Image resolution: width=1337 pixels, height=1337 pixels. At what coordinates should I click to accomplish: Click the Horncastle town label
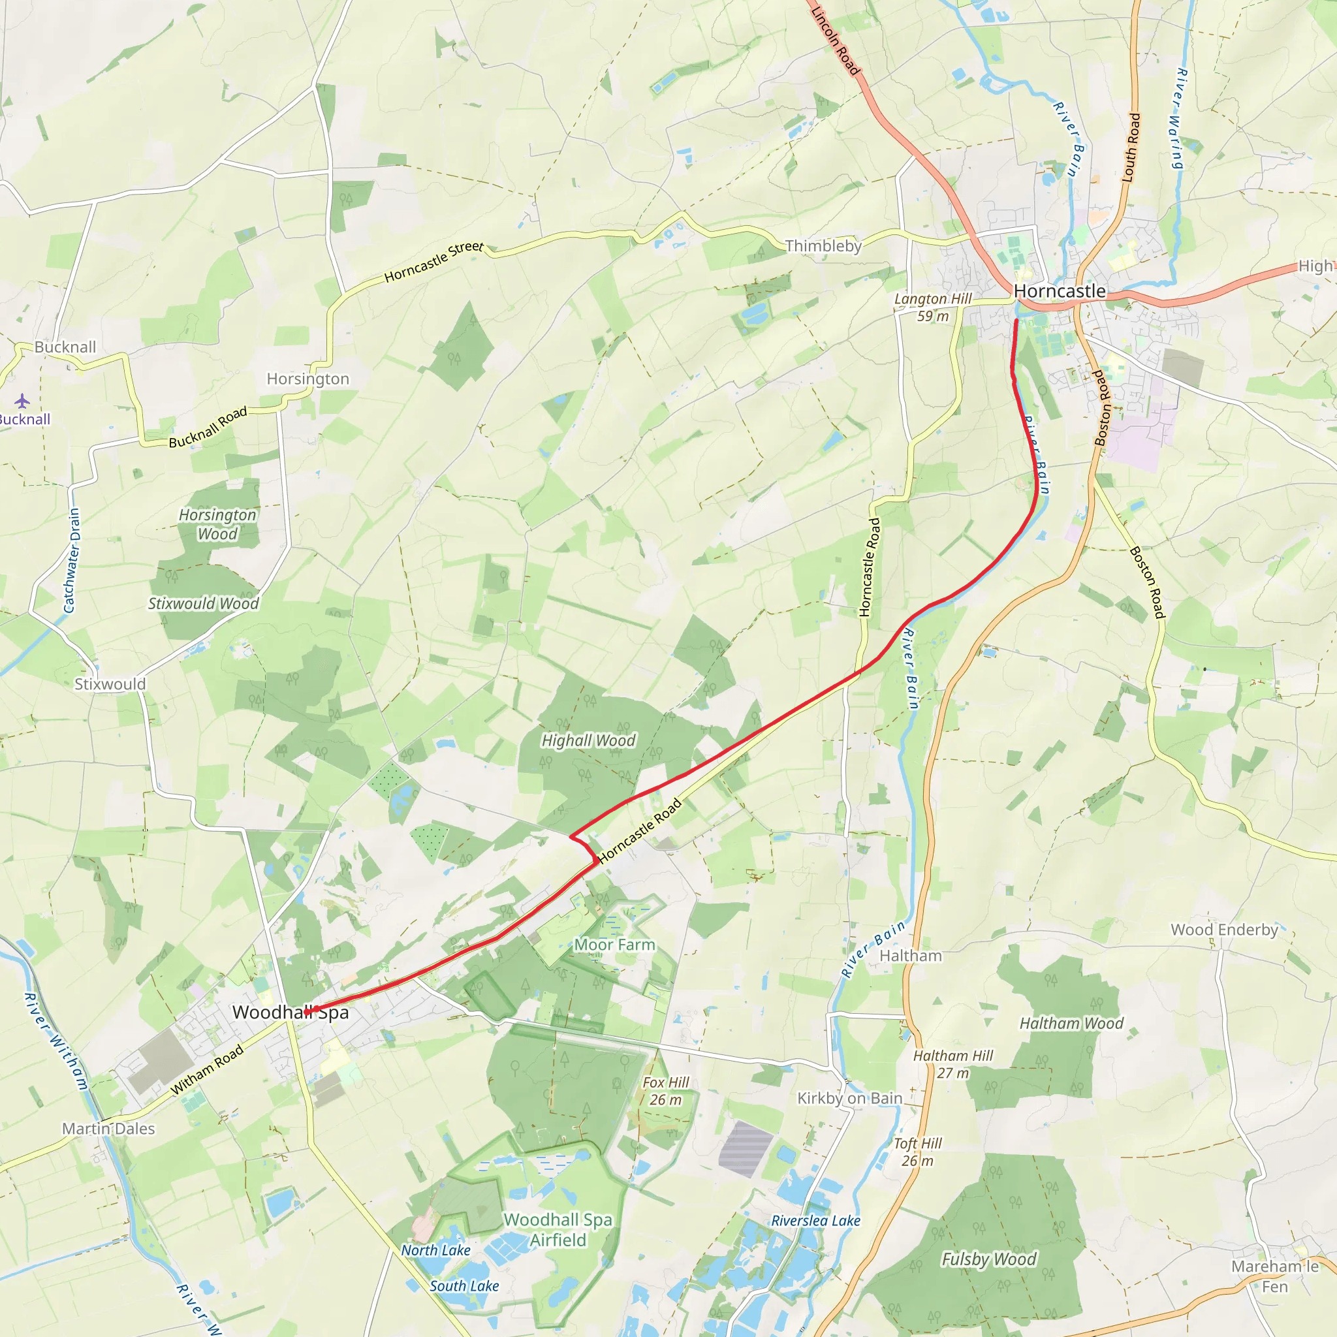pyautogui.click(x=1060, y=291)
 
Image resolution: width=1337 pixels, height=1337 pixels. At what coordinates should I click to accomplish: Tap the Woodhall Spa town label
pyautogui.click(x=291, y=1013)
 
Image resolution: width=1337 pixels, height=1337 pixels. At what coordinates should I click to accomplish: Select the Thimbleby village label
pyautogui.click(x=823, y=245)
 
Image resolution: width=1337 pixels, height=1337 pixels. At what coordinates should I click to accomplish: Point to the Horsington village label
pyautogui.click(x=308, y=379)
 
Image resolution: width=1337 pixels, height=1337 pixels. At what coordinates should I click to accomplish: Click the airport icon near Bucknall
pyautogui.click(x=22, y=401)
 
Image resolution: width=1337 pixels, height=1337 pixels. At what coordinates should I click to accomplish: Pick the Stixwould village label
pyautogui.click(x=110, y=684)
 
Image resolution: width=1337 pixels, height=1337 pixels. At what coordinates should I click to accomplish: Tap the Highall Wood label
pyautogui.click(x=588, y=740)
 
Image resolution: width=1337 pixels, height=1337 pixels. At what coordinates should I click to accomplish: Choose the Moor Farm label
pyautogui.click(x=614, y=945)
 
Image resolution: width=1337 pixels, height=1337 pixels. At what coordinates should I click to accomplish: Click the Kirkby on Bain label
pyautogui.click(x=850, y=1098)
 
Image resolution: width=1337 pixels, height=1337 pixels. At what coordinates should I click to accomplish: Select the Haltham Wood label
pyautogui.click(x=1071, y=1023)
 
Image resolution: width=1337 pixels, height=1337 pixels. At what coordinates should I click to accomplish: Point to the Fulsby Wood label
pyautogui.click(x=989, y=1259)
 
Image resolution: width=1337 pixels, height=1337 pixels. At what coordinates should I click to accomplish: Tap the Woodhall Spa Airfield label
pyautogui.click(x=558, y=1230)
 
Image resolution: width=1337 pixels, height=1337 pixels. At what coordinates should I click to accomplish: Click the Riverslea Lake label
pyautogui.click(x=816, y=1221)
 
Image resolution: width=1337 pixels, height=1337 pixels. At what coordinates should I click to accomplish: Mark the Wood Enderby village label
pyautogui.click(x=1224, y=930)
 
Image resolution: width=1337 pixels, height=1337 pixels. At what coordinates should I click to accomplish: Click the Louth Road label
pyautogui.click(x=1131, y=148)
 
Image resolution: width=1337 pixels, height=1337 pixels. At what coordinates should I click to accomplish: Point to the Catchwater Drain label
pyautogui.click(x=72, y=561)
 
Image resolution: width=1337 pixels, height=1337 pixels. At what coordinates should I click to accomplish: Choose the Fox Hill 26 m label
pyautogui.click(x=666, y=1091)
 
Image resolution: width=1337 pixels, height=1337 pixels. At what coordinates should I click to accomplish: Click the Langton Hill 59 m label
pyautogui.click(x=933, y=307)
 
